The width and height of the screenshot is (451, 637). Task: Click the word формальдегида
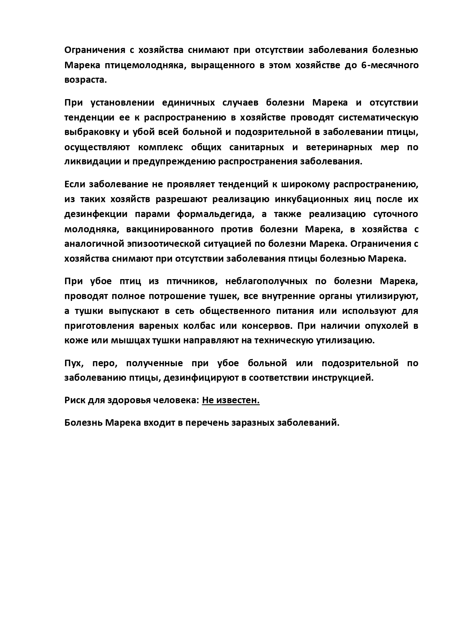click(215, 214)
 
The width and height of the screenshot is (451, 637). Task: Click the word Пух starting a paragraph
click(74, 363)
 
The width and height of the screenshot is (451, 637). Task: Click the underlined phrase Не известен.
click(231, 401)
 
